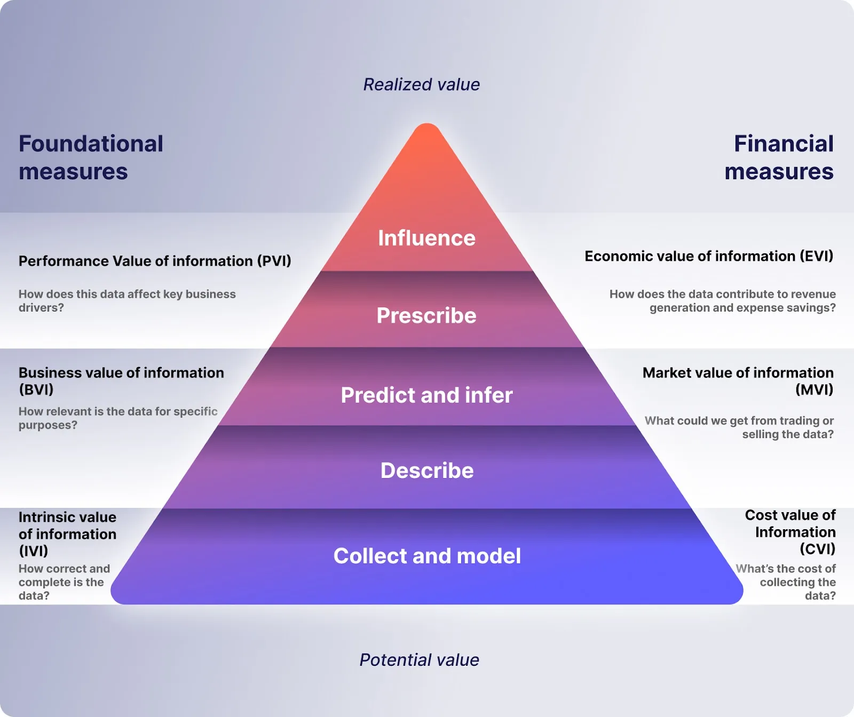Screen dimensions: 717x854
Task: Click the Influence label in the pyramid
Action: pos(426,238)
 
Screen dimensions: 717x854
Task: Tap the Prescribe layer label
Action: pos(426,315)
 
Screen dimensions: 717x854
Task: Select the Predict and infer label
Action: pos(426,395)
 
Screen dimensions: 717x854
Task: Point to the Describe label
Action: pos(427,471)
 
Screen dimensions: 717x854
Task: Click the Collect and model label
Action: pos(427,556)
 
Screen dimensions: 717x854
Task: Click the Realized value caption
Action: pos(421,84)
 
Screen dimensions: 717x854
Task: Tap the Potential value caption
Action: pos(419,660)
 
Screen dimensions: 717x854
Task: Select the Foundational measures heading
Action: pos(91,157)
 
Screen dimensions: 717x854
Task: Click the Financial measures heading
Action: pos(779,157)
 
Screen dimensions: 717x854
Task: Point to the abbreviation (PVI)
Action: pos(274,261)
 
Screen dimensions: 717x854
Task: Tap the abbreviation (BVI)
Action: pos(36,389)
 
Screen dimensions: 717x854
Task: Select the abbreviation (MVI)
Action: pos(814,389)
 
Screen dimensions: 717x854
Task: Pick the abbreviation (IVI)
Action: pos(33,551)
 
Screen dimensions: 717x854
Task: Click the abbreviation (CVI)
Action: pos(817,549)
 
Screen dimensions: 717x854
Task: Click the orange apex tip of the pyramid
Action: pos(427,133)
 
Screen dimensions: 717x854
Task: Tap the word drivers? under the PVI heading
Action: pos(41,308)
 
